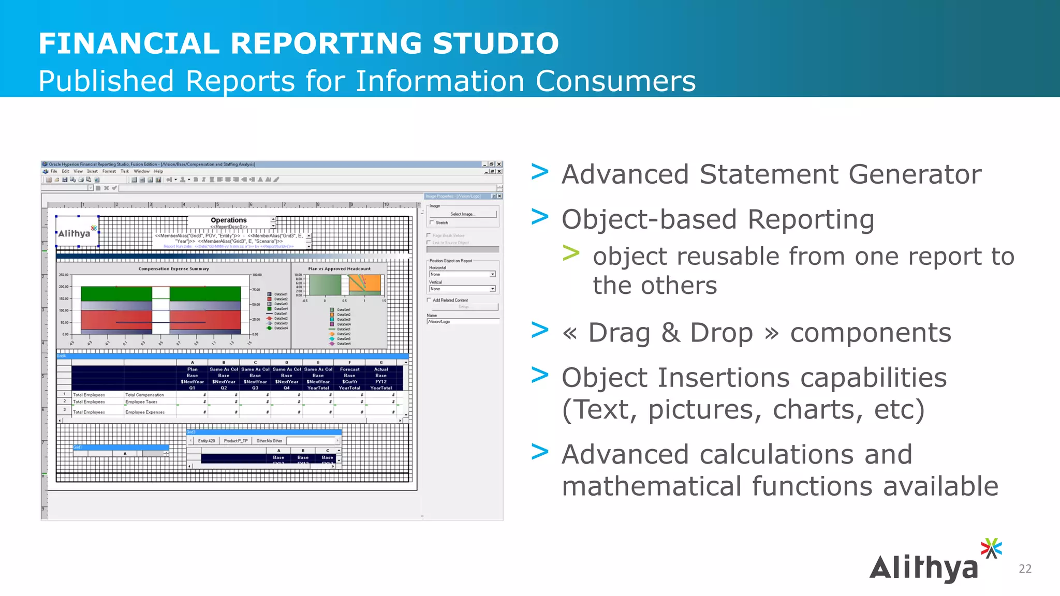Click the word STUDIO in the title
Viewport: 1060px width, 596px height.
[495, 43]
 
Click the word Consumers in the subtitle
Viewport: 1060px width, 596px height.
[615, 81]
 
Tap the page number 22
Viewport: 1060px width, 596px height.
[1025, 569]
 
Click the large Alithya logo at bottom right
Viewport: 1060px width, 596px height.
[932, 564]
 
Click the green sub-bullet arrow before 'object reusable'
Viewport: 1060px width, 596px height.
[571, 254]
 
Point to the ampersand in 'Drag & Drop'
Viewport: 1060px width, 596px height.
[670, 333]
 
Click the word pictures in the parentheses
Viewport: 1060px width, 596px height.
[704, 410]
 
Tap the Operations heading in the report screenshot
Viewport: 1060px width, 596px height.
[228, 220]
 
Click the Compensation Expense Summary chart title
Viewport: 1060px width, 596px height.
[173, 269]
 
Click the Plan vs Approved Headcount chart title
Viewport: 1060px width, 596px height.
[339, 269]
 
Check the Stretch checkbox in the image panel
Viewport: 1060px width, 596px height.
[431, 222]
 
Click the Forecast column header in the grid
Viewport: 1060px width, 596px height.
[349, 369]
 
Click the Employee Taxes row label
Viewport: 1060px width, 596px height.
[141, 401]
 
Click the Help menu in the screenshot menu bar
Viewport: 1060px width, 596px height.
[158, 171]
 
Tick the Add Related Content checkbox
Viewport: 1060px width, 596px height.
[429, 300]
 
